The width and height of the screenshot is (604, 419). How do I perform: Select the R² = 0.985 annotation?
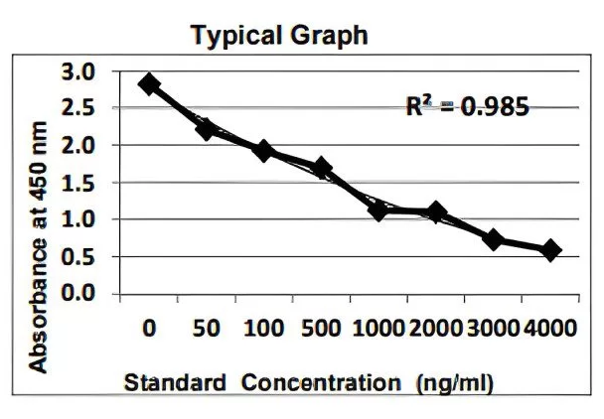pyautogui.click(x=466, y=105)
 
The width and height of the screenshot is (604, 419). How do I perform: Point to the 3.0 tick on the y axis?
pyautogui.click(x=78, y=71)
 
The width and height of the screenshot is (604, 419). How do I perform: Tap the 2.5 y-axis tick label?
pyautogui.click(x=78, y=108)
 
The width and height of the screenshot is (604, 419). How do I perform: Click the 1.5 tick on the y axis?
pyautogui.click(x=78, y=183)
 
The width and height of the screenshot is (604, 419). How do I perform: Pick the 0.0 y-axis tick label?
pyautogui.click(x=78, y=294)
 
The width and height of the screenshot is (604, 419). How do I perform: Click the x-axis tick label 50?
pyautogui.click(x=207, y=329)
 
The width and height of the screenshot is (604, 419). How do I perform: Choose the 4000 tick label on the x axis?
pyautogui.click(x=551, y=329)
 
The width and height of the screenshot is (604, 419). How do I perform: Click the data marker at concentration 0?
pyautogui.click(x=149, y=84)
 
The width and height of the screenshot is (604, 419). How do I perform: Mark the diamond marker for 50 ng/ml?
pyautogui.click(x=207, y=128)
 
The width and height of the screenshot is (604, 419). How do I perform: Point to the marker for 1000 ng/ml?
pyautogui.click(x=378, y=209)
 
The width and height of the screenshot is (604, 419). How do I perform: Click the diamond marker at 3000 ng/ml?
pyautogui.click(x=494, y=239)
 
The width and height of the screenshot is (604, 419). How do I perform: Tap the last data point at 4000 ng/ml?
pyautogui.click(x=551, y=250)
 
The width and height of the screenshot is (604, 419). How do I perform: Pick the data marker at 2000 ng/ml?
pyautogui.click(x=436, y=212)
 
